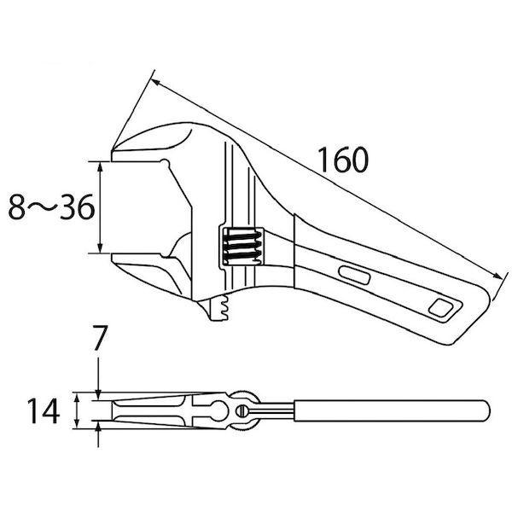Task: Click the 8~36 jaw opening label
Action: [51, 207]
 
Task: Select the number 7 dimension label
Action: [99, 338]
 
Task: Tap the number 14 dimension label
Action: [44, 410]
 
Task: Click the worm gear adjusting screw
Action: [242, 245]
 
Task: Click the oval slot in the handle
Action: [355, 276]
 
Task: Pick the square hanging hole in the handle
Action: [440, 307]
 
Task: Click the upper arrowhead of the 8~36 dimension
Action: [100, 167]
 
